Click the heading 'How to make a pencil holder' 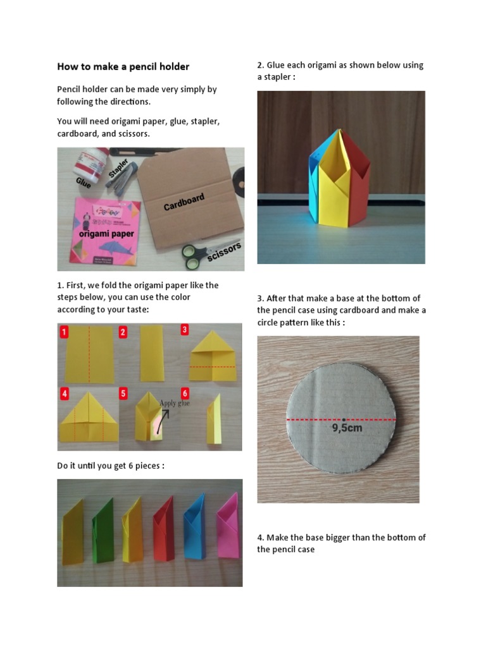point(123,66)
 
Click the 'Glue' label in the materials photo point(84,183)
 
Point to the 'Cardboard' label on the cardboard point(184,202)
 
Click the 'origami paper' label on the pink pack point(107,234)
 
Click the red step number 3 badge point(185,329)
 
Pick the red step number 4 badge point(64,394)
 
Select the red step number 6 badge point(185,393)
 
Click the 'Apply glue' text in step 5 point(175,403)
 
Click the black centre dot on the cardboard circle point(342,419)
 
